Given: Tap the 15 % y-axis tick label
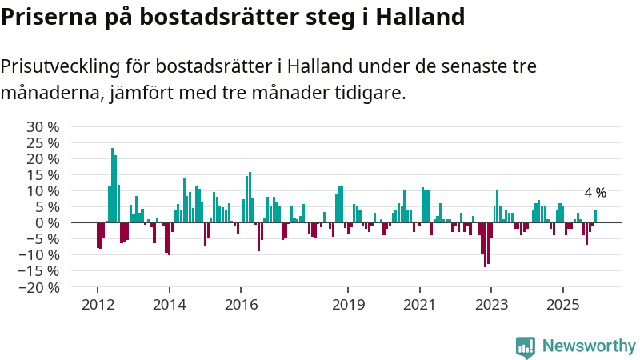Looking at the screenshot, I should (42, 174).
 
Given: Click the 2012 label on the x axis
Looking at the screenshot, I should (97, 305).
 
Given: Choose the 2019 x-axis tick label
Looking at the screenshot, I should (348, 305).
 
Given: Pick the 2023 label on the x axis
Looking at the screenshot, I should (491, 305).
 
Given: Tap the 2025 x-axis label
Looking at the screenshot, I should (563, 305).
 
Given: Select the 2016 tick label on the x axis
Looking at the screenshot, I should (241, 305).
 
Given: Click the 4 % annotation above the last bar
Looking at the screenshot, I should (595, 193).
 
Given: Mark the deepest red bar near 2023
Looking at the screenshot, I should (485, 244).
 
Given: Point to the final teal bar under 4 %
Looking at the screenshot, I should (595, 216).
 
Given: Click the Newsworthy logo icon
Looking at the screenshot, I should (526, 346).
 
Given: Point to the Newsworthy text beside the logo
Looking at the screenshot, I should (589, 346).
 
